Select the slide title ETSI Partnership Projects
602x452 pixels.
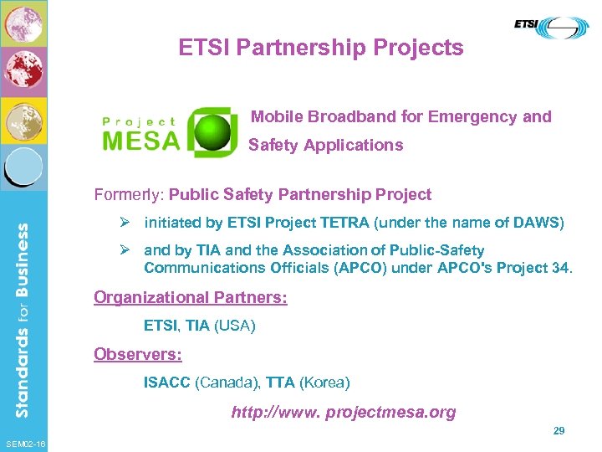[x=320, y=48]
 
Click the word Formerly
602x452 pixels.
[x=129, y=195]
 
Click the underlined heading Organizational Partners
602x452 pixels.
[x=191, y=298]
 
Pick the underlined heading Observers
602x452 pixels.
[x=138, y=354]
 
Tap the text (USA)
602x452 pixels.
[x=235, y=326]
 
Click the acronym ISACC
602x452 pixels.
[x=167, y=383]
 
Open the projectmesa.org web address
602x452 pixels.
[x=344, y=412]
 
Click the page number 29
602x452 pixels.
[x=559, y=430]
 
